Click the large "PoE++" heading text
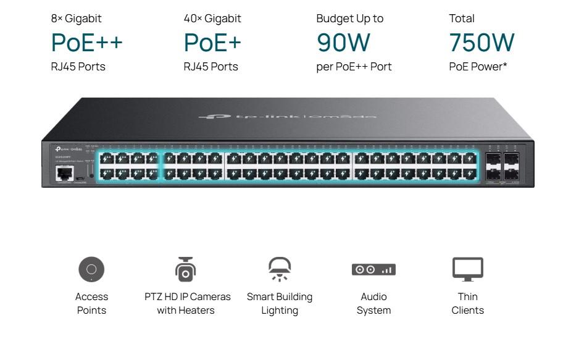coord(86,43)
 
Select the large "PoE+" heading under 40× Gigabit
coord(212,43)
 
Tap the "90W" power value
coord(343,43)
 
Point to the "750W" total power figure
coord(481,43)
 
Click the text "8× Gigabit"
coord(76,19)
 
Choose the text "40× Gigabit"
coord(212,19)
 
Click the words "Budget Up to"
coord(349,19)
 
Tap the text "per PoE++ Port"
coord(354,67)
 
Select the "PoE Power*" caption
coord(478,67)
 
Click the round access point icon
coord(91,269)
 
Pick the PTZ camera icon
coord(185,269)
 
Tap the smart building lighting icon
coord(280,269)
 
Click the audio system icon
coord(373,270)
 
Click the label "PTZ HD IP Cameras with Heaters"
coord(187,303)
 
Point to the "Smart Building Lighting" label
coord(280,303)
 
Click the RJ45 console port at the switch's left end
coord(64,172)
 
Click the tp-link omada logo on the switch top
coord(287,116)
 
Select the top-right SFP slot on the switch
coord(512,158)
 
